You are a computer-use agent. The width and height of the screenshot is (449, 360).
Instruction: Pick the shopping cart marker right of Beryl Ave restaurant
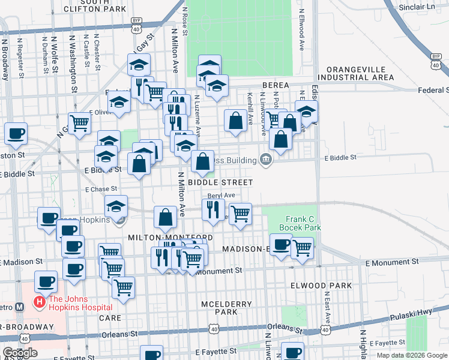240,213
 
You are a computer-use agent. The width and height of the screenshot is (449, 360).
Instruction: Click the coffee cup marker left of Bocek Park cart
280,244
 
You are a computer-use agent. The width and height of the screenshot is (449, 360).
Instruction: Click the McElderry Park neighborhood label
226,308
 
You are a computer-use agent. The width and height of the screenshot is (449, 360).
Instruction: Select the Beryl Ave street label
221,196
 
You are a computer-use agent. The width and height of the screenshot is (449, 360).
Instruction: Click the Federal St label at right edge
433,90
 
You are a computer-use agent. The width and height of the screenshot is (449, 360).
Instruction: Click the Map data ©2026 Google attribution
412,355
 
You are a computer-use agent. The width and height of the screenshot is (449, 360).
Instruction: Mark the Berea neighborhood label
274,85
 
